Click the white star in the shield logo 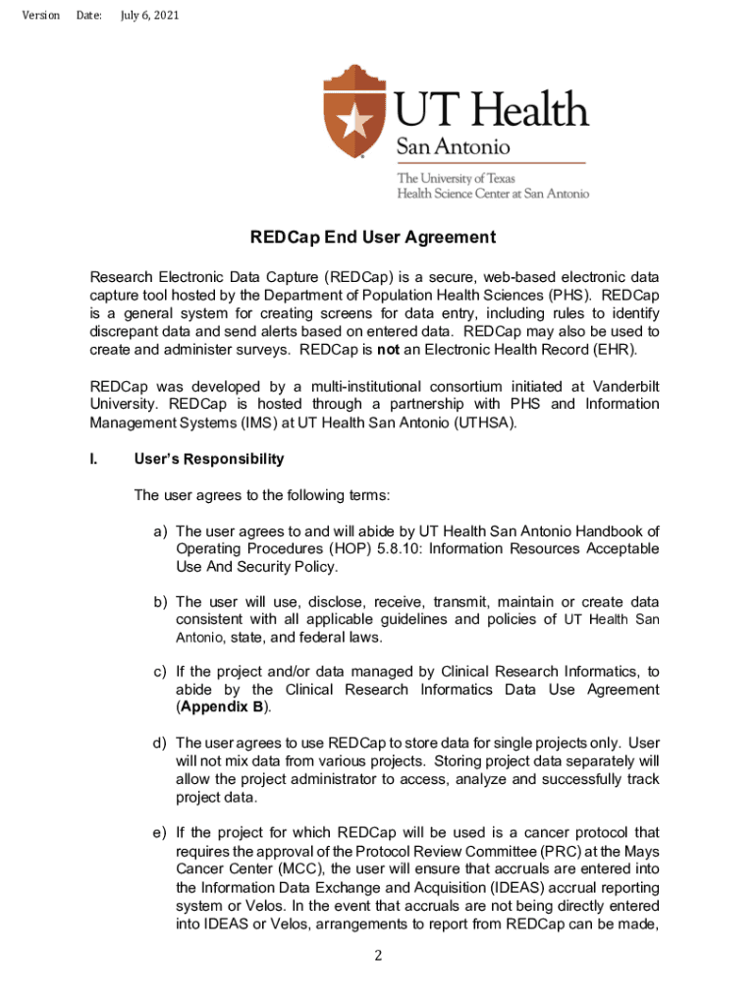tap(354, 121)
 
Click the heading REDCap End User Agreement tap(372, 238)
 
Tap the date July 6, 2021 tap(149, 16)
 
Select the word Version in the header tap(40, 16)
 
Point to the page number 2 tap(378, 956)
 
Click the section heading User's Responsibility tap(209, 459)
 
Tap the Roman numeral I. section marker tap(93, 459)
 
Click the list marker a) tap(159, 531)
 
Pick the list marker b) tap(159, 601)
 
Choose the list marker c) tap(159, 672)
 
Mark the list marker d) tap(159, 742)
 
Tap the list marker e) tap(159, 834)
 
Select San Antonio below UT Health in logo tap(453, 147)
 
